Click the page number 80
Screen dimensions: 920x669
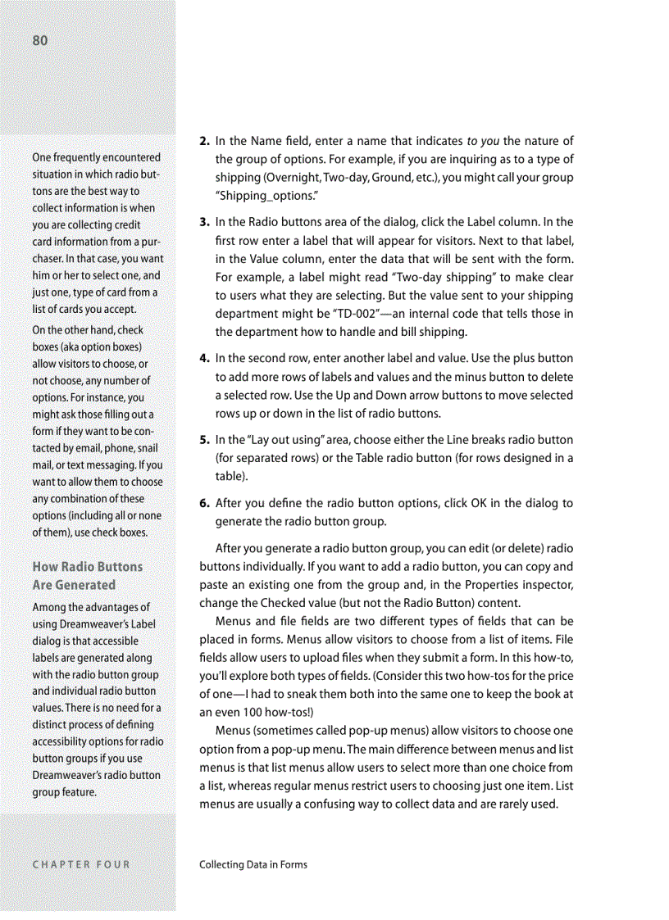pyautogui.click(x=40, y=41)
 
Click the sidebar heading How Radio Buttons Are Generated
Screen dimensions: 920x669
pyautogui.click(x=86, y=575)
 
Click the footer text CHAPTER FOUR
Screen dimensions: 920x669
pyautogui.click(x=80, y=863)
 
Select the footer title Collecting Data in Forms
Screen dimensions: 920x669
pyautogui.click(x=253, y=863)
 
